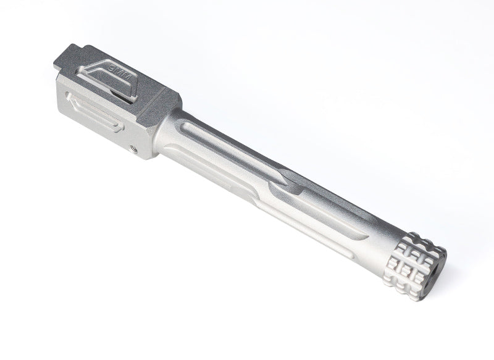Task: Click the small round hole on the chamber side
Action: (x=134, y=147)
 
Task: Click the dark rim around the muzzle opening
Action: (x=440, y=272)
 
